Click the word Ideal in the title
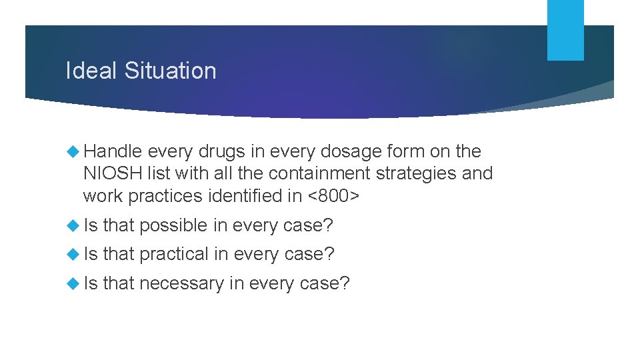click(x=89, y=71)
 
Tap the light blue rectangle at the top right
click(x=565, y=30)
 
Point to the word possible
click(x=173, y=225)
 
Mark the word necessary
click(x=181, y=283)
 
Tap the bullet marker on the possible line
click(x=73, y=226)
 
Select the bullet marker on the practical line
click(x=73, y=255)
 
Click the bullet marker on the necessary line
click(x=73, y=284)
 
